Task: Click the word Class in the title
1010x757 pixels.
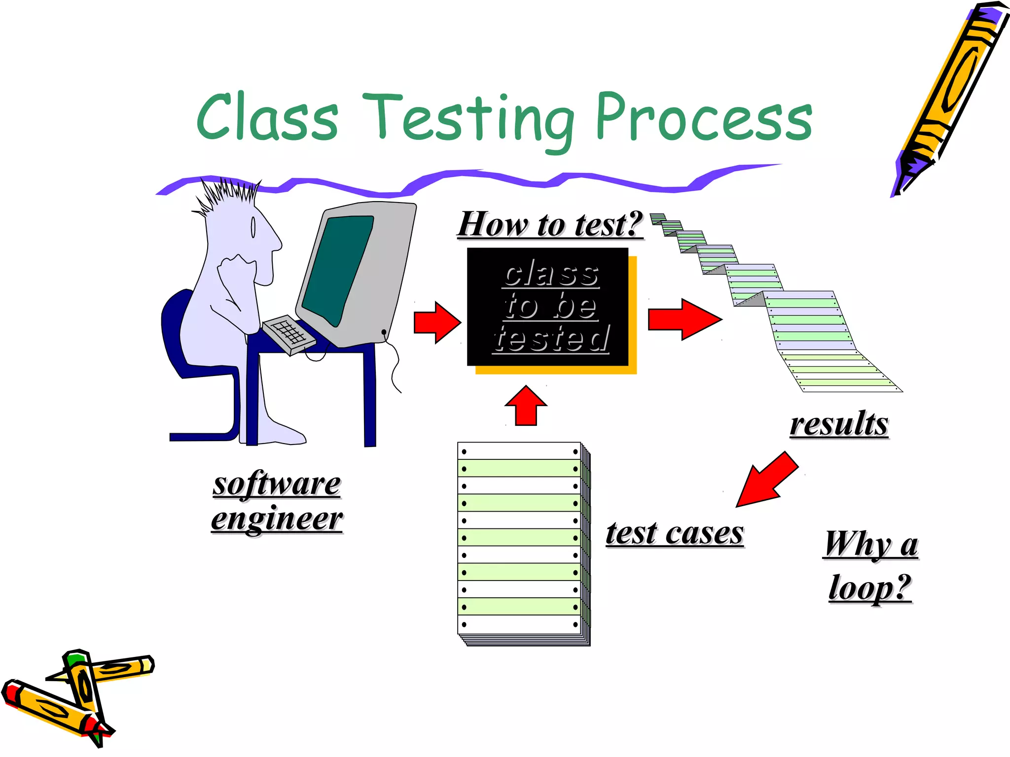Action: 267,117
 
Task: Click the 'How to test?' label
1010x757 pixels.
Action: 550,224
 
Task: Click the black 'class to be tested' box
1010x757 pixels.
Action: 547,307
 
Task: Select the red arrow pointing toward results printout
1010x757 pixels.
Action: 685,319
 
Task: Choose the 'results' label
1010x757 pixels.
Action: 839,424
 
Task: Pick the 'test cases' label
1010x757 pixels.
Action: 674,533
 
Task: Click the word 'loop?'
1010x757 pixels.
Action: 869,587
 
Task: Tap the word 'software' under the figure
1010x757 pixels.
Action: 277,484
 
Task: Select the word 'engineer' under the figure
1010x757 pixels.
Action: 277,518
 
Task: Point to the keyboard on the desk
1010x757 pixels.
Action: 289,334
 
